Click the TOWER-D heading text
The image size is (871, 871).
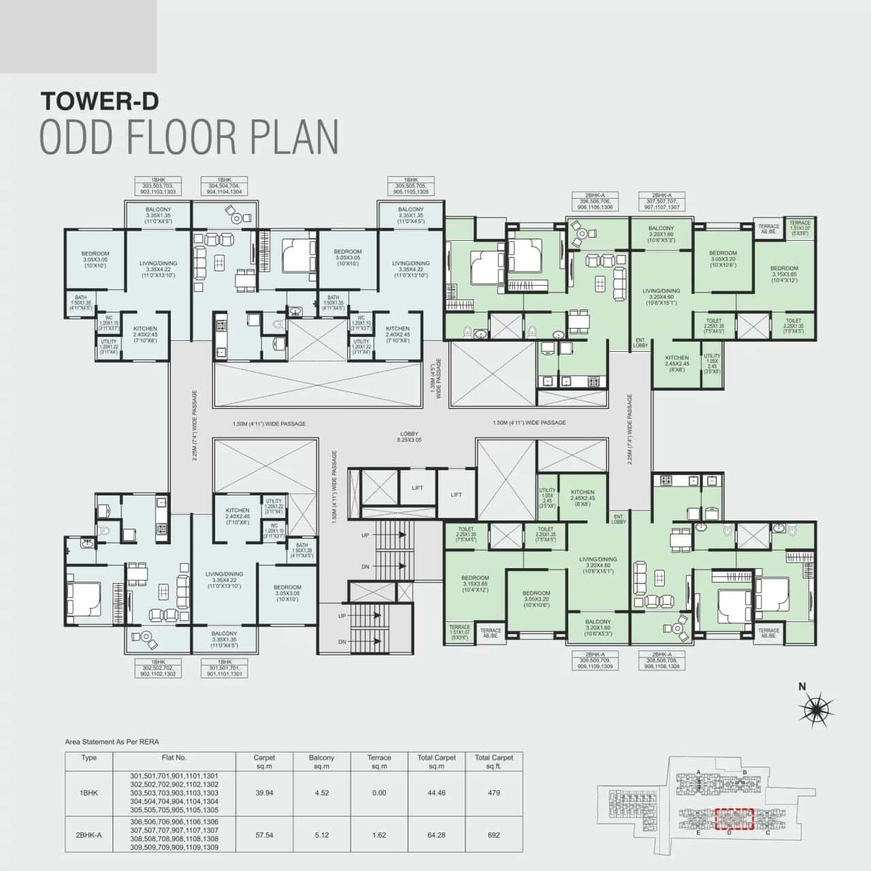point(99,101)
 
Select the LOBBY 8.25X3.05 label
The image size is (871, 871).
point(410,437)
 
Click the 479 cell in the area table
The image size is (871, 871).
point(493,793)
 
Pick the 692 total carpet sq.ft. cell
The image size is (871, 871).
point(493,835)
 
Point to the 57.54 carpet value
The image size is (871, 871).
point(264,835)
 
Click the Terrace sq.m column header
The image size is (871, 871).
point(379,761)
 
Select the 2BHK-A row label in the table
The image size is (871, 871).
point(88,835)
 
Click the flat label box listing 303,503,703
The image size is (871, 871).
point(158,186)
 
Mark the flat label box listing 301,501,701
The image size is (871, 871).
point(224,668)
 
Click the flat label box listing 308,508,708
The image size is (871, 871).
point(661,661)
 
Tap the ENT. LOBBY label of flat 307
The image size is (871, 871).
point(640,342)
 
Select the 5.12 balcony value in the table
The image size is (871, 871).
point(321,835)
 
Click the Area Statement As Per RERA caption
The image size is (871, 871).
point(112,742)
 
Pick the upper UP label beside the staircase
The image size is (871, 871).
point(365,536)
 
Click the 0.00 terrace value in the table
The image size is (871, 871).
point(379,793)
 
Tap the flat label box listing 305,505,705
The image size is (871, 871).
point(411,186)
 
